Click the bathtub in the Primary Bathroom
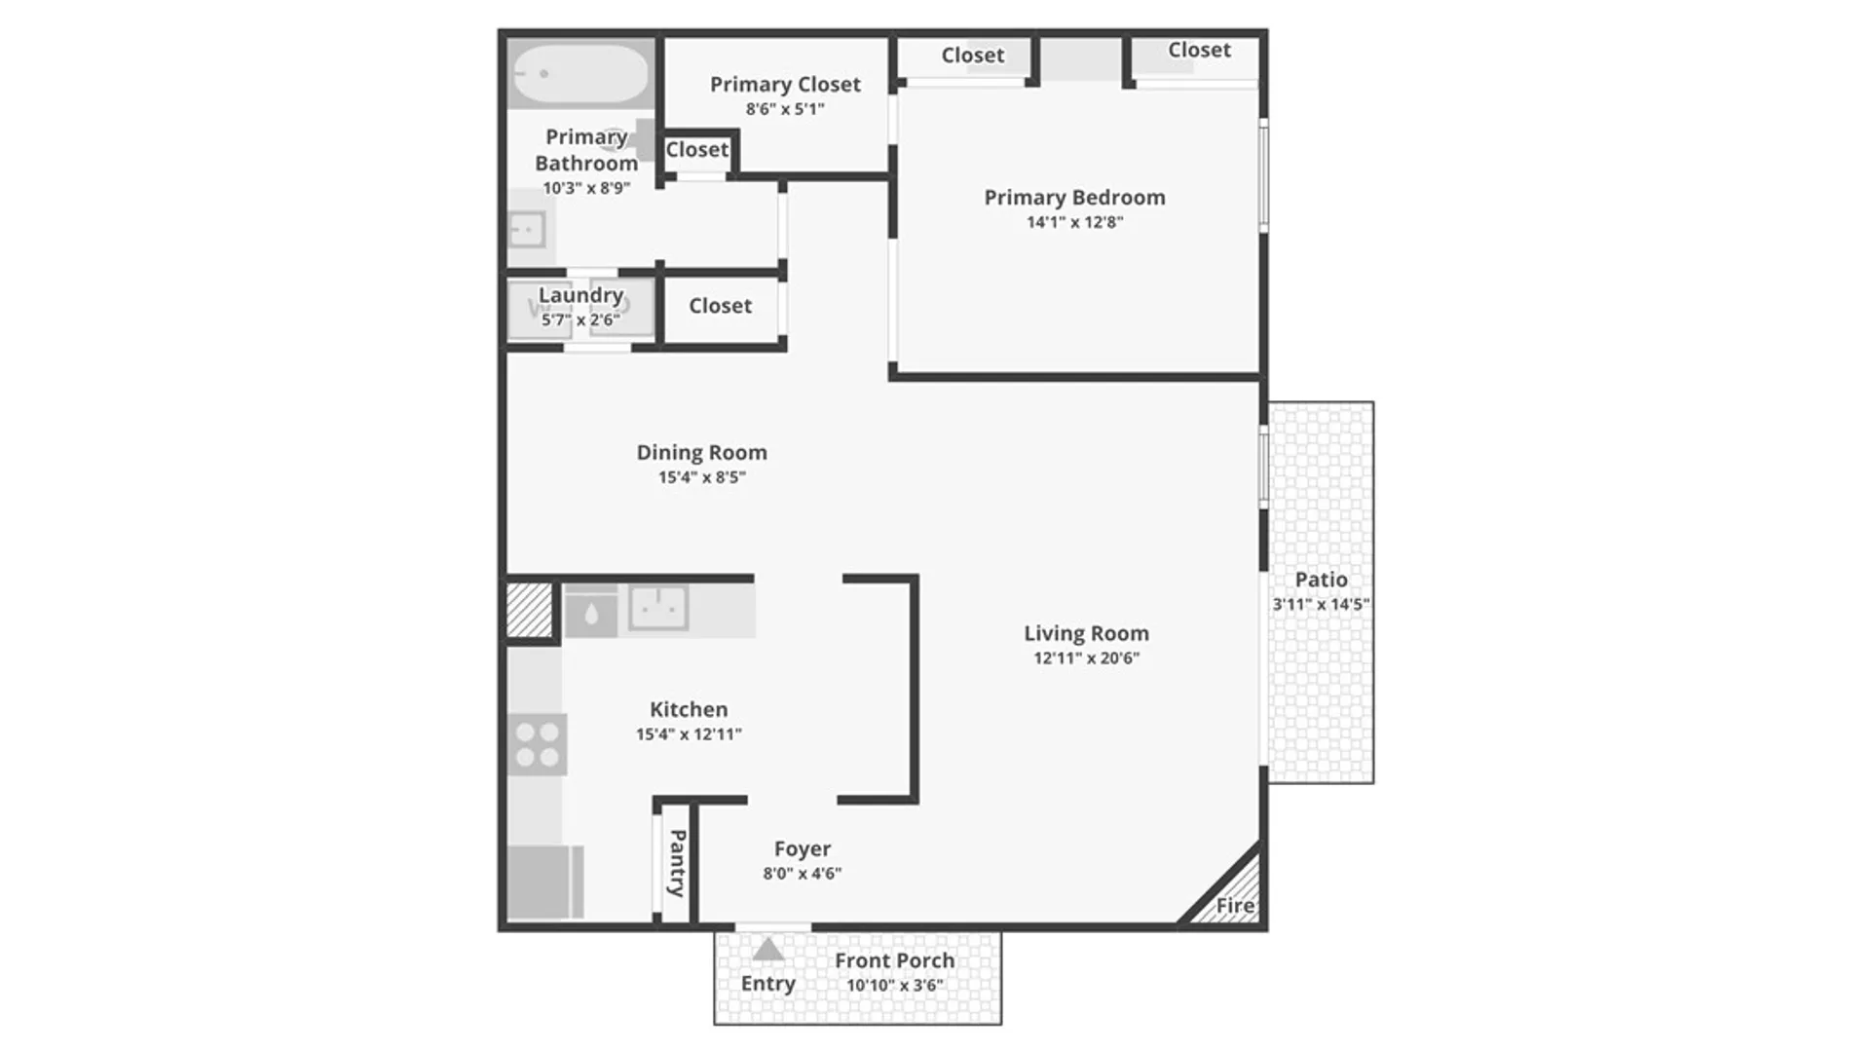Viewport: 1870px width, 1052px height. click(x=580, y=74)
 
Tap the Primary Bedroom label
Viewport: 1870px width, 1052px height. click(x=1074, y=198)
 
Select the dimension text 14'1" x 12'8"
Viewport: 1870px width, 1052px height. click(x=1074, y=222)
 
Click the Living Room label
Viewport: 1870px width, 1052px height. click(x=1086, y=633)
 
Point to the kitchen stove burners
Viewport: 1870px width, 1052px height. click(x=538, y=744)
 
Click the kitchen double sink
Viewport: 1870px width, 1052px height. click(x=658, y=608)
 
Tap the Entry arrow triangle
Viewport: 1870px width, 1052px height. click(x=768, y=949)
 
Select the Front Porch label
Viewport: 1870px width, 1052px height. click(x=894, y=960)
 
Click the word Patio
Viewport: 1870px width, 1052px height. click(x=1321, y=580)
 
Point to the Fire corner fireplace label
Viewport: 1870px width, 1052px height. click(x=1235, y=906)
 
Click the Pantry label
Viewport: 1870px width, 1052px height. click(x=677, y=863)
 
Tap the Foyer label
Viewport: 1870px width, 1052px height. click(x=803, y=849)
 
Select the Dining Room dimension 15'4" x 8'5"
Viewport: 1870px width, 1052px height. click(x=701, y=477)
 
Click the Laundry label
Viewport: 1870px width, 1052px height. click(x=580, y=295)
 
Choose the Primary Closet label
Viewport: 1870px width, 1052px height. click(x=785, y=85)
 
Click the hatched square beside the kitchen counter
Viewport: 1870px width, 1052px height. click(x=530, y=611)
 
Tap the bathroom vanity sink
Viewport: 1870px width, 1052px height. click(x=527, y=231)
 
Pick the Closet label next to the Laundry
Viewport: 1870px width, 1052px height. click(x=720, y=306)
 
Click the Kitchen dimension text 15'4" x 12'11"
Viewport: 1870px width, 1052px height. click(x=689, y=734)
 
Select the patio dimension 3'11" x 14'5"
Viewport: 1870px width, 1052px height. click(x=1321, y=604)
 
